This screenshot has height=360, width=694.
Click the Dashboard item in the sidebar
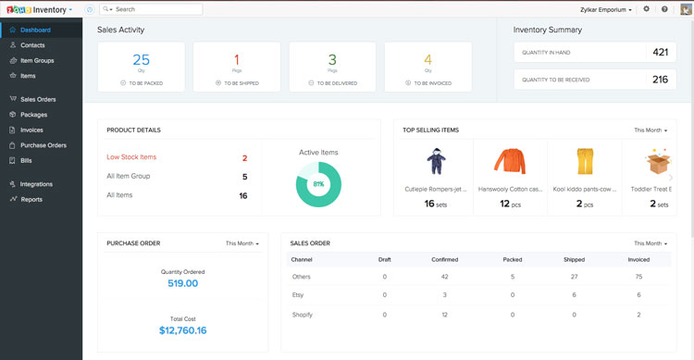[x=35, y=31]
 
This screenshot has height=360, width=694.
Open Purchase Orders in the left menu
[x=43, y=145]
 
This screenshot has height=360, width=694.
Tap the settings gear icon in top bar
[x=646, y=9]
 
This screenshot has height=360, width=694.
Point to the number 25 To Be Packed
[x=142, y=59]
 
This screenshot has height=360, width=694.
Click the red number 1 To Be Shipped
[x=238, y=59]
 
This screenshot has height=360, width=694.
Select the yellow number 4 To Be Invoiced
[x=428, y=59]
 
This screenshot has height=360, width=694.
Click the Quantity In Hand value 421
[x=660, y=53]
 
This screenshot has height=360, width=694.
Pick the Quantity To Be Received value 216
[x=660, y=80]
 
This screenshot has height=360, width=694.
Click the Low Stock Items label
[x=131, y=157]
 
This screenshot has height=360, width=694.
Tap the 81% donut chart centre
[x=318, y=183]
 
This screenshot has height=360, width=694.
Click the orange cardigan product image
[x=510, y=162]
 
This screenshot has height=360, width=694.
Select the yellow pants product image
[x=584, y=162]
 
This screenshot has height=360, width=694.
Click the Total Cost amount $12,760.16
[x=182, y=330]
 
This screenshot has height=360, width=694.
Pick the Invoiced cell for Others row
[x=638, y=276]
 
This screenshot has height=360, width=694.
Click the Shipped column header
[x=575, y=259]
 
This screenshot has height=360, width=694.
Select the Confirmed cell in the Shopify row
[x=445, y=315]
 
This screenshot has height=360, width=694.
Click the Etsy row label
[x=299, y=295]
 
